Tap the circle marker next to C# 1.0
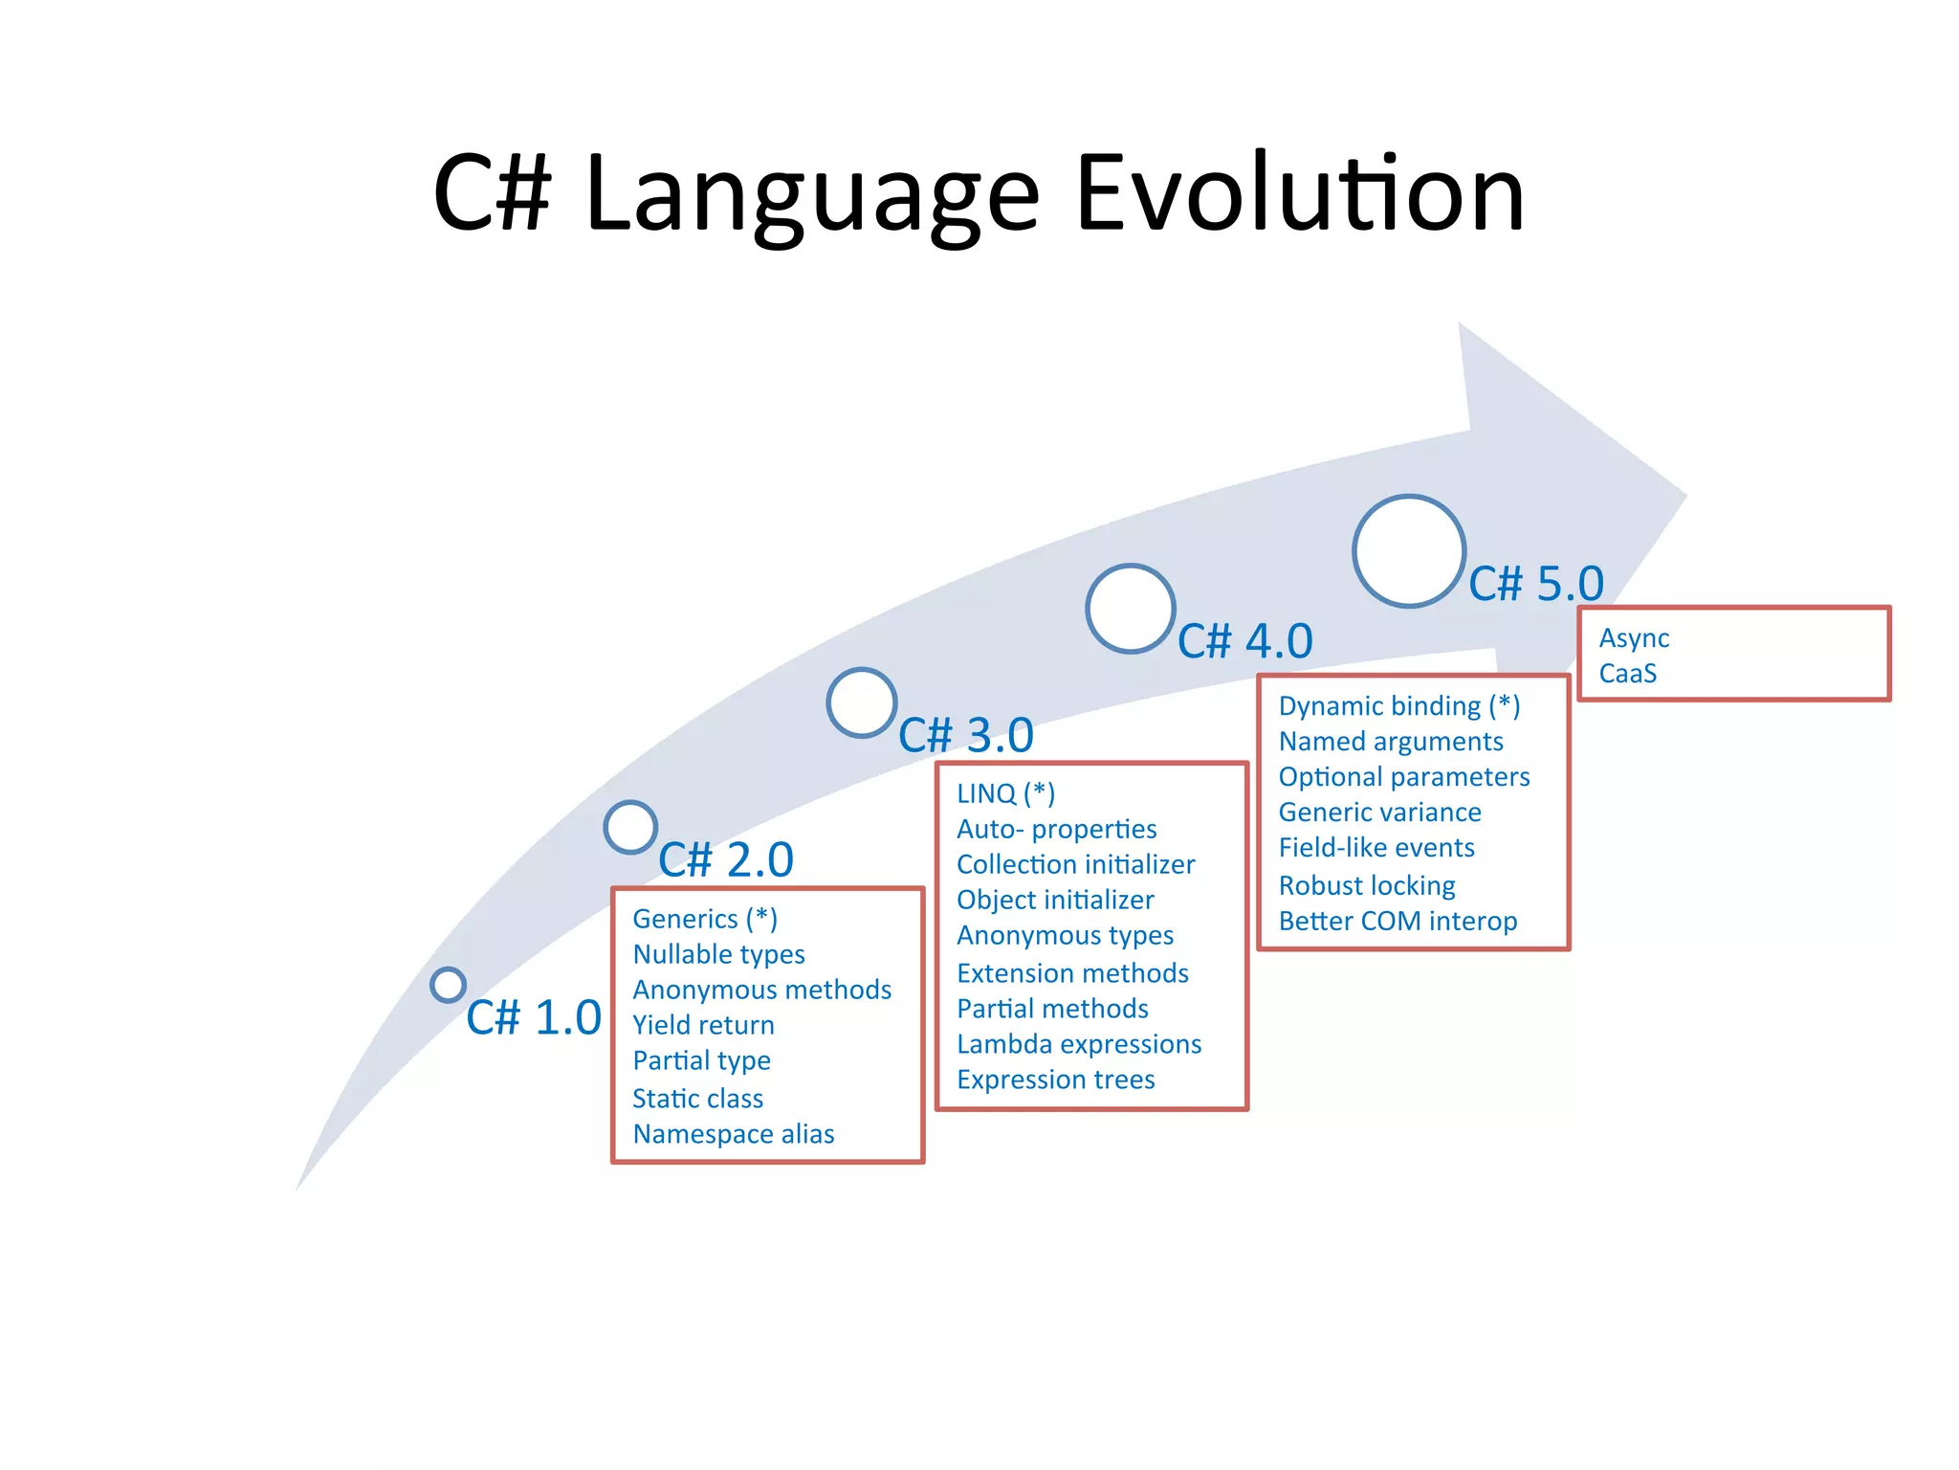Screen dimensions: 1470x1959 click(448, 984)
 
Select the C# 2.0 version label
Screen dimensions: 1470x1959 click(726, 858)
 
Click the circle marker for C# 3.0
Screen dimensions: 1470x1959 click(862, 702)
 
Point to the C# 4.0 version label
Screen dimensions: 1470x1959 click(1244, 640)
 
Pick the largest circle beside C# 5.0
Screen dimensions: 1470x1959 click(1409, 551)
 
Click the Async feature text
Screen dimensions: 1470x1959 click(1634, 638)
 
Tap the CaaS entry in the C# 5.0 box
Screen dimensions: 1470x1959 click(1627, 674)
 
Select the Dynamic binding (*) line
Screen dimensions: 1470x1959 click(1398, 706)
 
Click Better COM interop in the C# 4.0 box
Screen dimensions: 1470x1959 click(1398, 921)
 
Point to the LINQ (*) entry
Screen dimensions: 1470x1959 click(1005, 793)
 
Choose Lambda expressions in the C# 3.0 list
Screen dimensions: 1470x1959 click(1079, 1044)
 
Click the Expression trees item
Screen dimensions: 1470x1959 click(1056, 1080)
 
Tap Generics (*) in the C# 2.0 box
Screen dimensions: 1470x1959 click(705, 919)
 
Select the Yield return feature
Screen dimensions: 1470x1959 click(703, 1025)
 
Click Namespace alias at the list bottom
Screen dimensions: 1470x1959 click(734, 1134)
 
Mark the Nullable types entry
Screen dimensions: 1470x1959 click(718, 954)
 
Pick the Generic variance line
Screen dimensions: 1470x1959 click(1379, 813)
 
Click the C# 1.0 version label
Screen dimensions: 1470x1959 click(533, 1016)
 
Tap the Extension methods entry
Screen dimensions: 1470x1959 click(1072, 973)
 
